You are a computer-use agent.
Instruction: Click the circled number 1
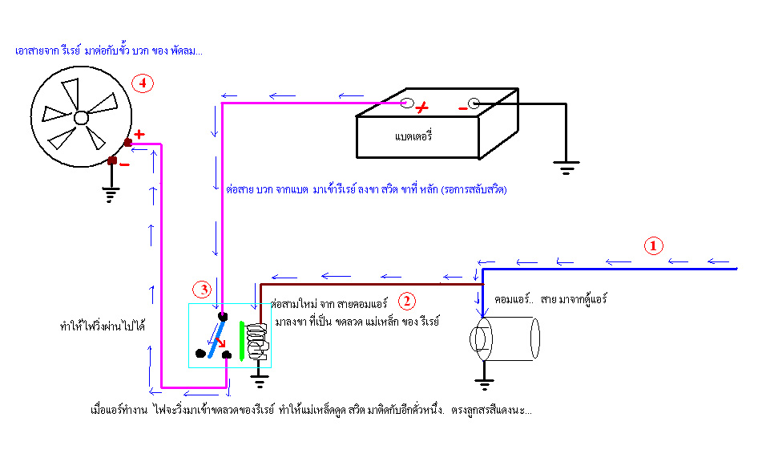(655, 245)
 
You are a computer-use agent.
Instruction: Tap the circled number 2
(407, 301)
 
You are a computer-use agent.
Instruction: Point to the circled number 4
(142, 83)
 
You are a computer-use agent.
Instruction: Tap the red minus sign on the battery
(462, 107)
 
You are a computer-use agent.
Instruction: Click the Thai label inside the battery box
(413, 136)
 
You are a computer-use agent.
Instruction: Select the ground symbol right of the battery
(566, 168)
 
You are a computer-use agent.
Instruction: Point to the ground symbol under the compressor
(482, 383)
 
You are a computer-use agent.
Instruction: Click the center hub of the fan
(81, 117)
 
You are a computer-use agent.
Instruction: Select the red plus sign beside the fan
(139, 134)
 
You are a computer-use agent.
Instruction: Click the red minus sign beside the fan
(125, 164)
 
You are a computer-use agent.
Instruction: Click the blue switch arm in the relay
(216, 337)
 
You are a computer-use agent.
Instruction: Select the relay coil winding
(259, 340)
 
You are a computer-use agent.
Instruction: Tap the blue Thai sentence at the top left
(109, 51)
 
